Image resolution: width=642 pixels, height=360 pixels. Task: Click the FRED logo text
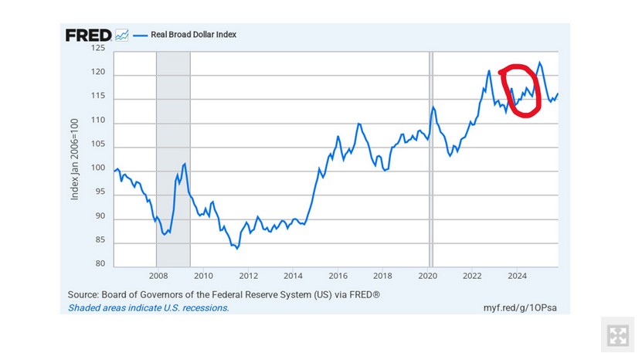click(88, 35)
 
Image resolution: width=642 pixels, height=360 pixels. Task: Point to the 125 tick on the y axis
click(98, 48)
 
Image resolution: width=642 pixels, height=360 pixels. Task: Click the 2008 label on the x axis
click(158, 275)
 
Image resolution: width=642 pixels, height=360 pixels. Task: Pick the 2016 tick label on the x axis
click(338, 275)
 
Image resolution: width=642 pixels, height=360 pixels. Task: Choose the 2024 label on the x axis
click(518, 275)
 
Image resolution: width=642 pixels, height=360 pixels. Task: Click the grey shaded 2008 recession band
click(173, 155)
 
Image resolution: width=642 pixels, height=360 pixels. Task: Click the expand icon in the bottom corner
click(617, 335)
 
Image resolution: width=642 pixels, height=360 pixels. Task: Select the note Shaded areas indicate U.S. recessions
click(148, 307)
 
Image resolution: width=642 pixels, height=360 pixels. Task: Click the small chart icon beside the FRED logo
click(121, 35)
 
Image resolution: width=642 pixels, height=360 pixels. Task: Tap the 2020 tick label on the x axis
click(428, 275)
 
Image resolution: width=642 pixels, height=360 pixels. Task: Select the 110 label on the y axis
click(98, 123)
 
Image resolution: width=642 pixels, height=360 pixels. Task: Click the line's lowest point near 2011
click(237, 249)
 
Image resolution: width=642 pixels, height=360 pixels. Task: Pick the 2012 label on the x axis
click(248, 275)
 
